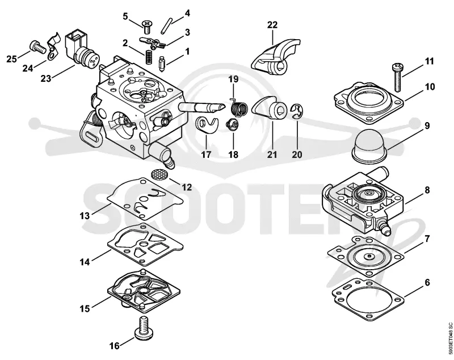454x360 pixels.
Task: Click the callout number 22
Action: (x=272, y=25)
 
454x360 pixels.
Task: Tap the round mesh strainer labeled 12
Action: (x=159, y=174)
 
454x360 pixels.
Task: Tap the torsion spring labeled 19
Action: (x=239, y=107)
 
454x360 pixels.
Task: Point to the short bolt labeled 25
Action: (x=38, y=47)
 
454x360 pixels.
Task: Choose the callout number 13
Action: (x=85, y=216)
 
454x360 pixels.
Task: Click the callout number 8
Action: (x=427, y=190)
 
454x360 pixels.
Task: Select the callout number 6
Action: (x=427, y=282)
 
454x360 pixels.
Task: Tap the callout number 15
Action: (x=85, y=308)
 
